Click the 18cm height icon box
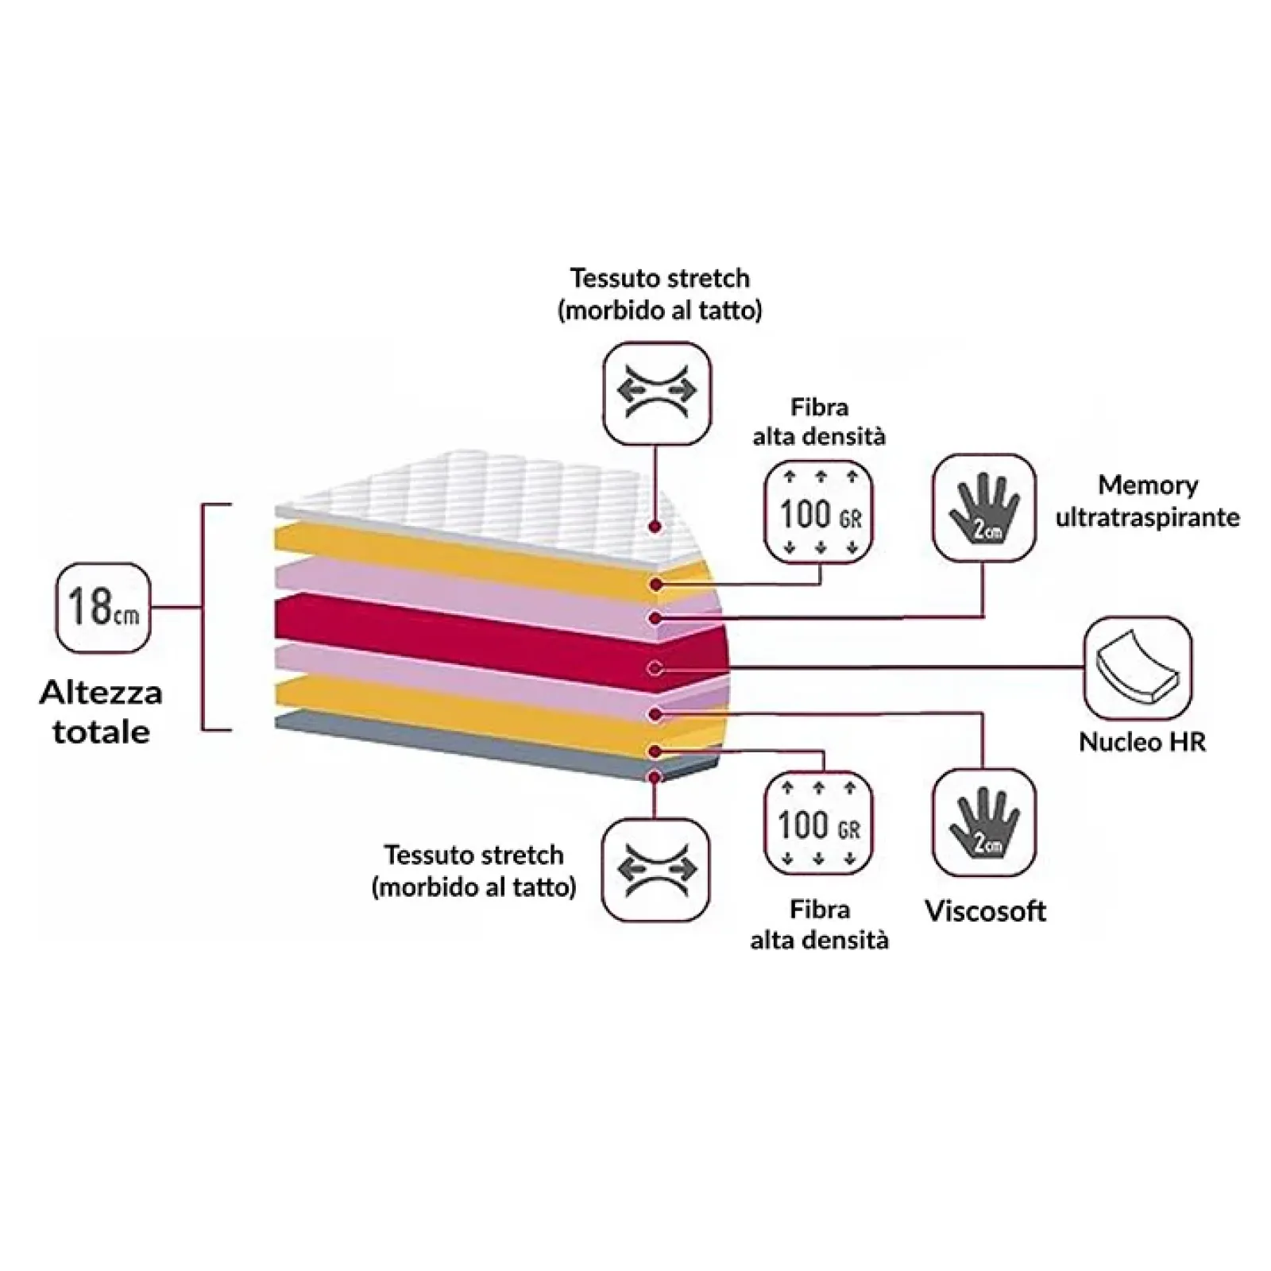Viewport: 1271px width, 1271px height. (103, 608)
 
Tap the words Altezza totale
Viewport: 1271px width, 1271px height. (101, 712)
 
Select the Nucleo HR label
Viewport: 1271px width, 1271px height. (1142, 742)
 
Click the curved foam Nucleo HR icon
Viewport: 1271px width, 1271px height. (1137, 669)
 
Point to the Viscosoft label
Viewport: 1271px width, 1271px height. (985, 910)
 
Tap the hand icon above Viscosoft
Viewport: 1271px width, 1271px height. (984, 822)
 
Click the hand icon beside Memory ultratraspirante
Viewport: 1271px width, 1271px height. (984, 508)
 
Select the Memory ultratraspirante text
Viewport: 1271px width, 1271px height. (1147, 501)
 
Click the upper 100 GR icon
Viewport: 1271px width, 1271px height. (819, 512)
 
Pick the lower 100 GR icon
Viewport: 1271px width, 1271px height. (818, 824)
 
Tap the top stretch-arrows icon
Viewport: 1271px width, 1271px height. (657, 392)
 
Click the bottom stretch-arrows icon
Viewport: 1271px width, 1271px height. (655, 870)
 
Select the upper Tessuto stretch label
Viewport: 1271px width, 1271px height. (659, 294)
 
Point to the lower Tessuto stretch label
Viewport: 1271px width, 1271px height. (473, 871)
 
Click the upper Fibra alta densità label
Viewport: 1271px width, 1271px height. (819, 422)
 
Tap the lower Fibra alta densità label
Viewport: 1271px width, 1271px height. (819, 925)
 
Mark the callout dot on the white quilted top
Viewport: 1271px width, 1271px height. (655, 527)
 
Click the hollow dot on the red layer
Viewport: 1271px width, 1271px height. (655, 669)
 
